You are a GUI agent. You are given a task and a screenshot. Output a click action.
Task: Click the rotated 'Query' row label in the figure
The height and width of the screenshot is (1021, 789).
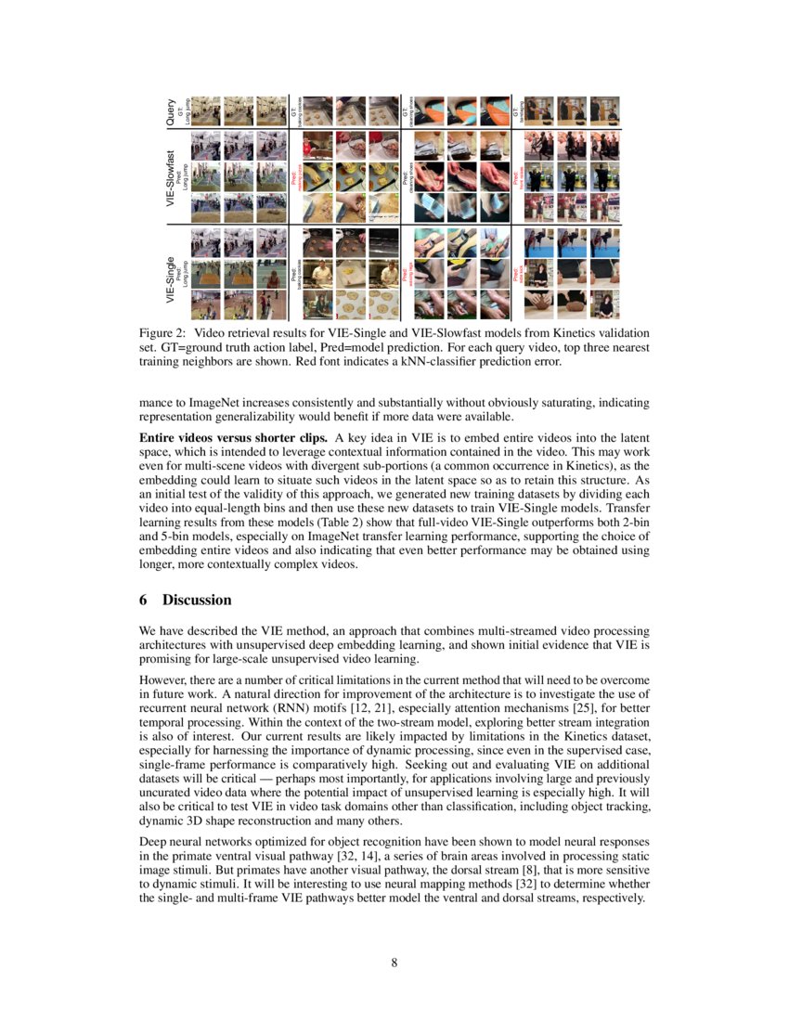(x=171, y=110)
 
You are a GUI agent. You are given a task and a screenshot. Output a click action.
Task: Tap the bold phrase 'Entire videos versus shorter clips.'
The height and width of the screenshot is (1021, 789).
(x=232, y=437)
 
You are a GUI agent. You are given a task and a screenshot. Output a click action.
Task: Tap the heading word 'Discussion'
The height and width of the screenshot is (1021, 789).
(x=197, y=601)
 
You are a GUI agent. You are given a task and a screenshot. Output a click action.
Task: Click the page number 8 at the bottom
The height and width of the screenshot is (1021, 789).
(x=394, y=963)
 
